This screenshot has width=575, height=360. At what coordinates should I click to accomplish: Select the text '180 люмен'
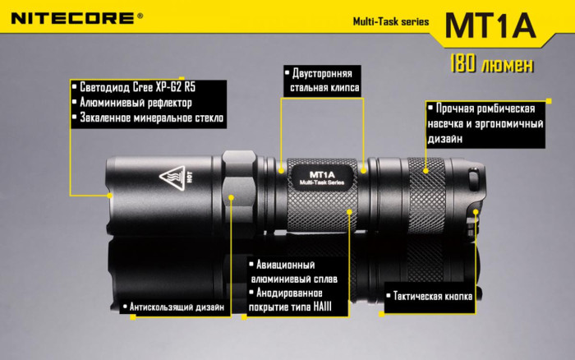tap(490, 64)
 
